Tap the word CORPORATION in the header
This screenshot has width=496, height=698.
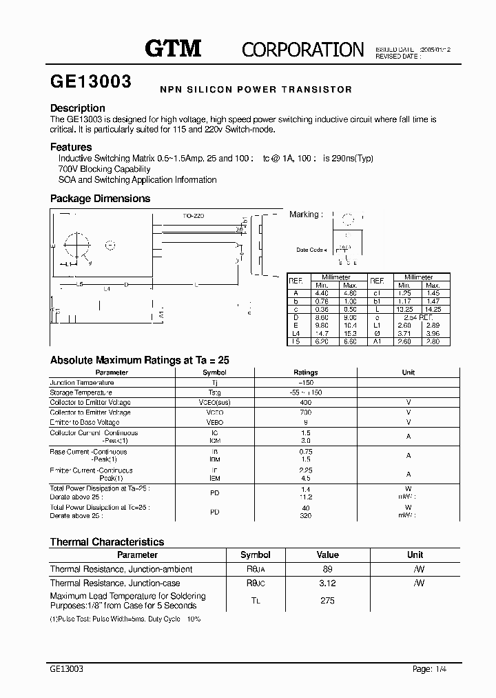302,50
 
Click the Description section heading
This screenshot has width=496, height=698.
78,108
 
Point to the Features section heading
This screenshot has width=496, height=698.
71,147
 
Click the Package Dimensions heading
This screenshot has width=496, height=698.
100,199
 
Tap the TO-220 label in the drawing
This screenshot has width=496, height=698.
194,216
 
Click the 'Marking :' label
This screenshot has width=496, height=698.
304,215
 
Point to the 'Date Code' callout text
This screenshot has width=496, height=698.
310,250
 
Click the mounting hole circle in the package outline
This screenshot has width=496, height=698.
76,244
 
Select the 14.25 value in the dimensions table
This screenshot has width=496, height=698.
432,310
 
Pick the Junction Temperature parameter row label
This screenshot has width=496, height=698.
81,382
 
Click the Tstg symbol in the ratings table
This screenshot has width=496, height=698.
216,392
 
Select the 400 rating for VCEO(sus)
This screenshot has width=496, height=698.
306,402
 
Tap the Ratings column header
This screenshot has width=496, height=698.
306,372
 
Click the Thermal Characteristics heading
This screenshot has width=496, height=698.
107,542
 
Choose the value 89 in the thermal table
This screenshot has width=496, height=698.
327,569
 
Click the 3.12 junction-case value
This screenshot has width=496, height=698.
327,583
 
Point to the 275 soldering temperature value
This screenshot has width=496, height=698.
327,601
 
